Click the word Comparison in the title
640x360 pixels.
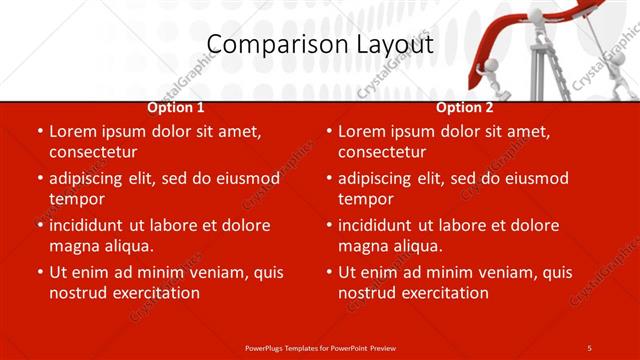[x=264, y=45]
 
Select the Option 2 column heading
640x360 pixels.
[x=464, y=107]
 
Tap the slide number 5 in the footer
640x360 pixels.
[x=589, y=347]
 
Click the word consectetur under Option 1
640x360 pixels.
[x=93, y=152]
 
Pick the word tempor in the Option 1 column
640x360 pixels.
[x=75, y=199]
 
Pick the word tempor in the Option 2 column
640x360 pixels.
[x=364, y=199]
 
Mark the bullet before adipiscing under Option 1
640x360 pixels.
[x=41, y=178]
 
